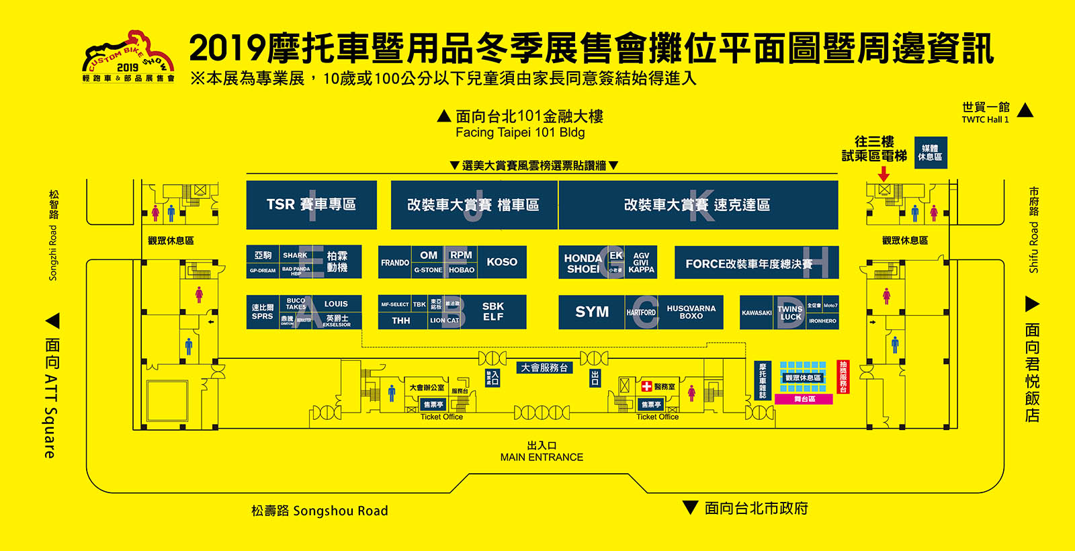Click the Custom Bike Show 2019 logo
pyautogui.click(x=128, y=57)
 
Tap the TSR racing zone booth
pyautogui.click(x=311, y=204)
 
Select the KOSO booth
pyautogui.click(x=502, y=262)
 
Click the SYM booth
pyautogui.click(x=591, y=312)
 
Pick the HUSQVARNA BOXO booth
pyautogui.click(x=691, y=312)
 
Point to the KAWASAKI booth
pyautogui.click(x=757, y=312)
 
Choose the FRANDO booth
pyautogui.click(x=395, y=263)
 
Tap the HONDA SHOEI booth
pyautogui.click(x=583, y=263)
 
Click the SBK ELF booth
pyautogui.click(x=493, y=312)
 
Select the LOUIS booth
pyautogui.click(x=336, y=304)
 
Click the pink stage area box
pyautogui.click(x=804, y=399)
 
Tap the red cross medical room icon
pyautogui.click(x=646, y=386)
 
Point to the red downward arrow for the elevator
pyautogui.click(x=884, y=174)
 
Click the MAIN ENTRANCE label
pyautogui.click(x=542, y=457)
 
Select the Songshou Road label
pyautogui.click(x=320, y=511)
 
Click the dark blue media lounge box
pyautogui.click(x=931, y=153)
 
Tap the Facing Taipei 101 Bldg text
pyautogui.click(x=520, y=132)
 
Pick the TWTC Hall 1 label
pyautogui.click(x=985, y=120)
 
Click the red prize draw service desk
pyautogui.click(x=843, y=377)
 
